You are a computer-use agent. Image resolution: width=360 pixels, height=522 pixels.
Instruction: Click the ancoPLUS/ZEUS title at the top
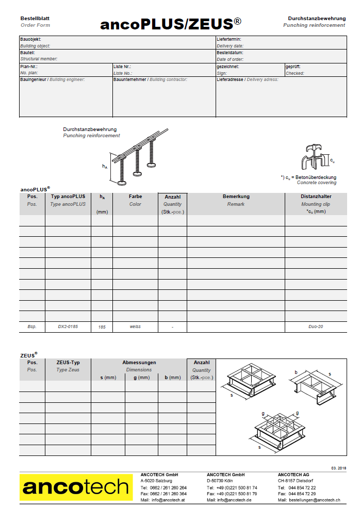171,24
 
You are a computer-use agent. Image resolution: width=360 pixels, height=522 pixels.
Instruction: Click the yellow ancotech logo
75,487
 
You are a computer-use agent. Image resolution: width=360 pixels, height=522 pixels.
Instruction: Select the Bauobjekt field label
30,39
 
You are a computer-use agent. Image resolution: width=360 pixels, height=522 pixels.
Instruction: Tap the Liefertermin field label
229,39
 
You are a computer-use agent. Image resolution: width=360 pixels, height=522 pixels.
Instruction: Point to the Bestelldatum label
230,53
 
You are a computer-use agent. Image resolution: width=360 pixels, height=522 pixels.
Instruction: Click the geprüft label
293,67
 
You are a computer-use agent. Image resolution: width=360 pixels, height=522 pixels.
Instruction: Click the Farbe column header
135,197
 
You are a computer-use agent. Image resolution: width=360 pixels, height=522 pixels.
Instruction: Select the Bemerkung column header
236,197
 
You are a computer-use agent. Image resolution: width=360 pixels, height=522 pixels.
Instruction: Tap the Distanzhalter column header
316,197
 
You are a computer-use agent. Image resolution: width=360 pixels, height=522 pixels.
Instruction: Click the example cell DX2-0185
68,327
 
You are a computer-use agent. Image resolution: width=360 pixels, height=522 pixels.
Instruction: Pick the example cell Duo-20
316,327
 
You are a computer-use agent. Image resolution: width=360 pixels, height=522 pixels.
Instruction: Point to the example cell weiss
135,327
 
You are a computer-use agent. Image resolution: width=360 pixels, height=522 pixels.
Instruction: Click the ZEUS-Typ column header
68,363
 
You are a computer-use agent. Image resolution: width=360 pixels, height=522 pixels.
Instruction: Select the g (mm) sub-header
141,378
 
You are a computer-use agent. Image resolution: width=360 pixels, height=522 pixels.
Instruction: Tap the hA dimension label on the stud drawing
105,166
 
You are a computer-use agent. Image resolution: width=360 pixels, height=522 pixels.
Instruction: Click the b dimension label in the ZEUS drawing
296,372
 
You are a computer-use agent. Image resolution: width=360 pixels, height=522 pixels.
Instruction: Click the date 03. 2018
338,468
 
